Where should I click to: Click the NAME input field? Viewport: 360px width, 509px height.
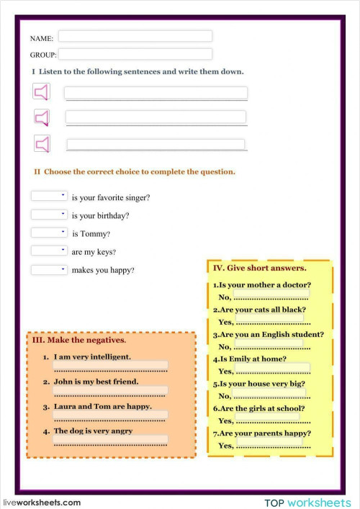pyautogui.click(x=135, y=36)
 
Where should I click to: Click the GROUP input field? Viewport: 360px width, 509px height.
pyautogui.click(x=135, y=54)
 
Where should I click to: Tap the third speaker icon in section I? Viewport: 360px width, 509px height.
pyautogui.click(x=43, y=144)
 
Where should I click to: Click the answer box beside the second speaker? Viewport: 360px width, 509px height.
pyautogui.click(x=156, y=117)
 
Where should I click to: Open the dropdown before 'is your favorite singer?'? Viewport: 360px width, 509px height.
pyautogui.click(x=49, y=196)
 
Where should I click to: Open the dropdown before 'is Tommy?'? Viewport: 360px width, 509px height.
pyautogui.click(x=49, y=233)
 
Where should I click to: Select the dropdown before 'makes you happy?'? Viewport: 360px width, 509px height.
pyautogui.click(x=49, y=269)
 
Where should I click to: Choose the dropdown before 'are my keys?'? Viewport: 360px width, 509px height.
pyautogui.click(x=49, y=251)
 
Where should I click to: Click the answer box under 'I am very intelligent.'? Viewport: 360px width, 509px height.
pyautogui.click(x=111, y=366)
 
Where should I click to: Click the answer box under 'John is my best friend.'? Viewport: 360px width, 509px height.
pyautogui.click(x=111, y=390)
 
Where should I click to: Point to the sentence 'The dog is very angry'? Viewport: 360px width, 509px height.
pyautogui.click(x=93, y=431)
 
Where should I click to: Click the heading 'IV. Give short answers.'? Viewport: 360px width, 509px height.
pyautogui.click(x=260, y=268)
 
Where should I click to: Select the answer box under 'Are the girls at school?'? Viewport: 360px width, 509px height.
pyautogui.click(x=267, y=417)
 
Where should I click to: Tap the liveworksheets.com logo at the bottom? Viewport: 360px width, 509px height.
pyautogui.click(x=42, y=502)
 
